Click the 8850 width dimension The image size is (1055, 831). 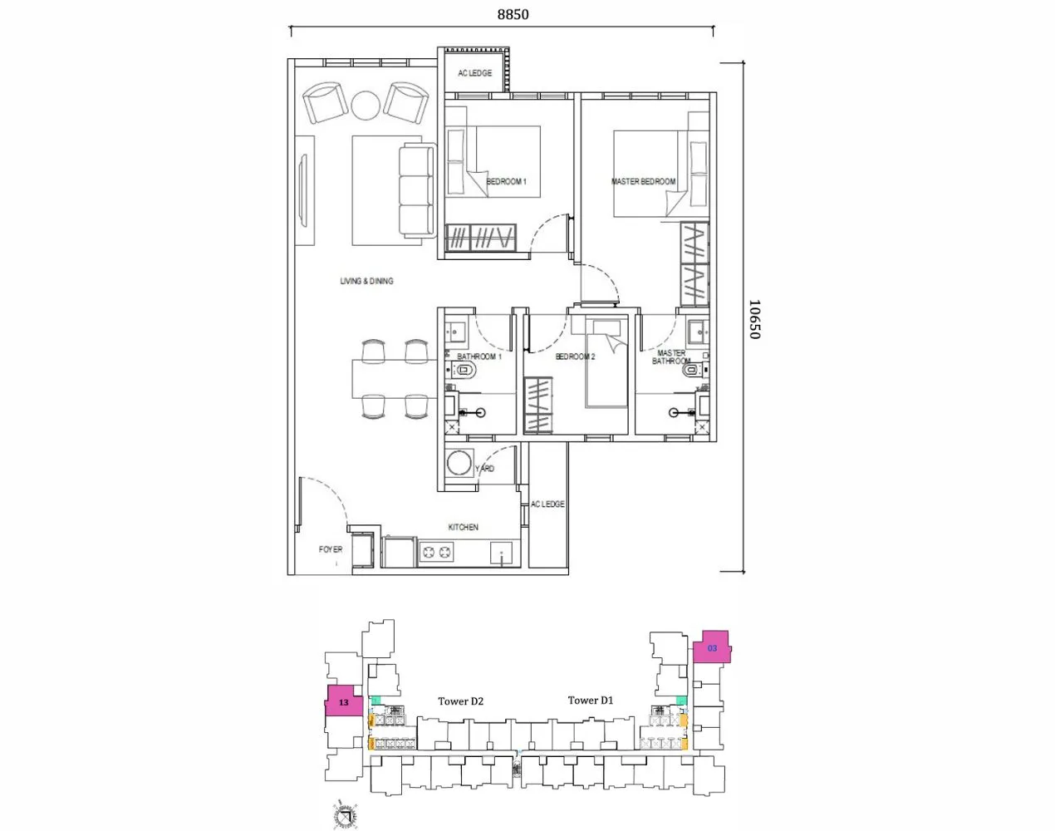point(513,14)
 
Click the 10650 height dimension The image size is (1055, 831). point(753,319)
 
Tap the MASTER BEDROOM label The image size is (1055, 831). point(643,181)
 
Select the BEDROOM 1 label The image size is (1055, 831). point(506,181)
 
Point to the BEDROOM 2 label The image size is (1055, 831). point(575,356)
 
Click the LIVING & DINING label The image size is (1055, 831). point(366,281)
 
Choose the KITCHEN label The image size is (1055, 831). point(463,527)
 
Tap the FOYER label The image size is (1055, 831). point(331,549)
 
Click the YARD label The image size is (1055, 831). point(484,469)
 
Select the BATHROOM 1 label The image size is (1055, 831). point(479,356)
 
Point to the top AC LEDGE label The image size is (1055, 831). point(474,73)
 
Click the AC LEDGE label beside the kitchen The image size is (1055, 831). point(547,504)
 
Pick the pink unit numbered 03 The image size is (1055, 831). point(712,647)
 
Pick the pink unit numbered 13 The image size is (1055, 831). point(343,702)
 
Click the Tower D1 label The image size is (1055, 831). point(590,701)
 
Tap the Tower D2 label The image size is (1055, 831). point(460,701)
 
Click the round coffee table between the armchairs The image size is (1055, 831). point(366,105)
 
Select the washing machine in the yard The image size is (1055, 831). point(459,463)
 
